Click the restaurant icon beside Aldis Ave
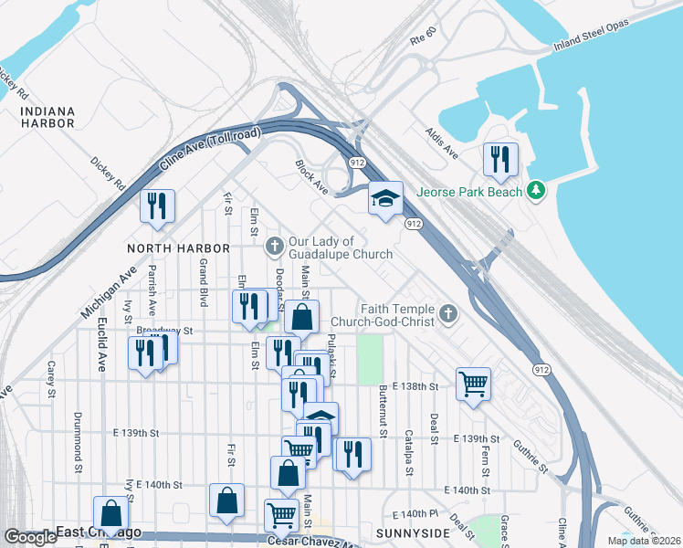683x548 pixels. coord(500,160)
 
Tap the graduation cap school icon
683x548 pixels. coord(385,198)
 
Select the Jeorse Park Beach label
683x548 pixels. coord(469,192)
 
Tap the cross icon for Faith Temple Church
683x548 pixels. coord(447,314)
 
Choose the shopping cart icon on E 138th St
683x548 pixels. coord(473,384)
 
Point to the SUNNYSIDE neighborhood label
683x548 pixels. coord(413,532)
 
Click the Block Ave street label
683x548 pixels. coord(310,177)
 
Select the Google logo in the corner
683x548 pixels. coord(30,537)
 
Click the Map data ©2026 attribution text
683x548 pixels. coord(644,541)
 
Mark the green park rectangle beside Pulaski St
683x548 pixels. coord(369,360)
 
